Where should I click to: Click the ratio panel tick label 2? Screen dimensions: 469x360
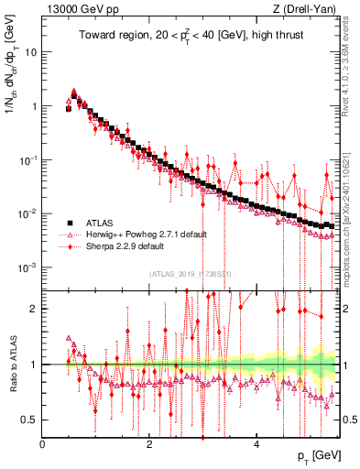point(34,309)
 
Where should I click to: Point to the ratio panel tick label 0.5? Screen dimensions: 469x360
point(30,420)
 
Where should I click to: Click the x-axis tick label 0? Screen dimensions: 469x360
point(42,444)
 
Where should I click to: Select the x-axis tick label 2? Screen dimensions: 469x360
point(149,444)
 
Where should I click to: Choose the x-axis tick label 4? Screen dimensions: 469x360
point(256,444)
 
